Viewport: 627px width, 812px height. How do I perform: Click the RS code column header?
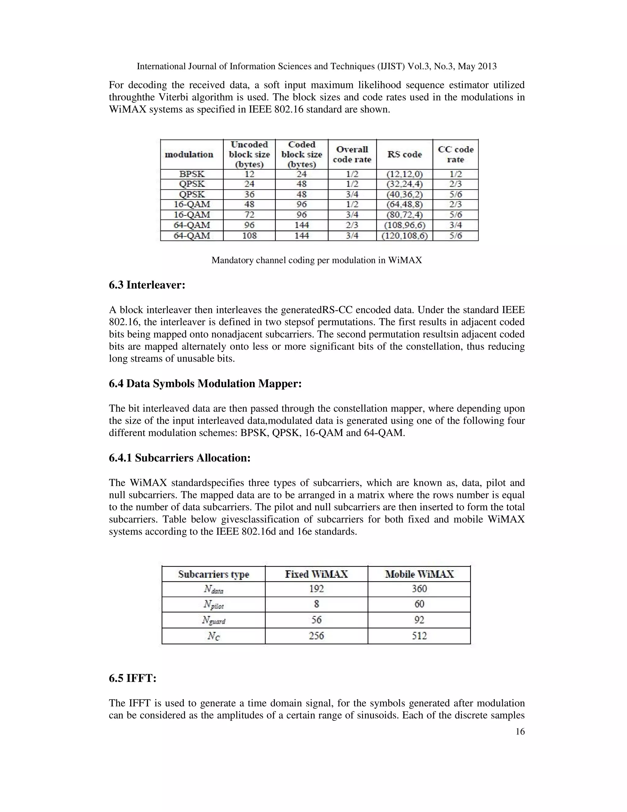[x=404, y=154]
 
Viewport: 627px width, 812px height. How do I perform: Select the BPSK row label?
[x=192, y=174]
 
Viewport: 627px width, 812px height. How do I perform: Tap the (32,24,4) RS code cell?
[x=404, y=184]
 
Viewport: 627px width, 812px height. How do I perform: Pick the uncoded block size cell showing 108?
[x=249, y=235]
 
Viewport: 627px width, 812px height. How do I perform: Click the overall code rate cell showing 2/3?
[x=352, y=225]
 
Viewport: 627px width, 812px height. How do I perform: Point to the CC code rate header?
[x=455, y=154]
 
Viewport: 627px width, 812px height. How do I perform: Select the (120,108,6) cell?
[x=404, y=235]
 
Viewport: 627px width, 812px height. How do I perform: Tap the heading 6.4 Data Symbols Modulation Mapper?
[x=205, y=383]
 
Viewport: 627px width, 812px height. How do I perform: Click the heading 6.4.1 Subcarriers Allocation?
[x=179, y=458]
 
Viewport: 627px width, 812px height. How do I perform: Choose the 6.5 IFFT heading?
[x=133, y=678]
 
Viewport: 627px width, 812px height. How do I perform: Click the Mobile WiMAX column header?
[x=419, y=575]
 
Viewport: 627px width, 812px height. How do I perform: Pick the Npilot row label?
[x=214, y=605]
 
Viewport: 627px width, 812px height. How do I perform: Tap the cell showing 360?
[x=419, y=589]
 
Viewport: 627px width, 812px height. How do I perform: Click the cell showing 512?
[x=419, y=636]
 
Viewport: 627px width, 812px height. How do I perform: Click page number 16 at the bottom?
[x=520, y=732]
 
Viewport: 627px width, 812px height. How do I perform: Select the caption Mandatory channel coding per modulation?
[x=317, y=260]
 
